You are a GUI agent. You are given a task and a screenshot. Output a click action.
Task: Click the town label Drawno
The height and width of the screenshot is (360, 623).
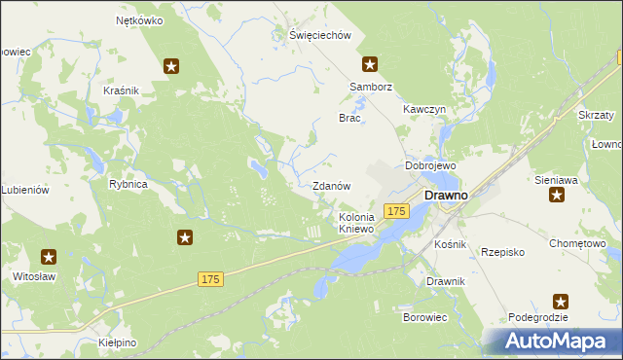pos(447,195)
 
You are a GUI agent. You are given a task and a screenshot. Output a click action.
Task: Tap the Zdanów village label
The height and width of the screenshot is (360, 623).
pos(331,185)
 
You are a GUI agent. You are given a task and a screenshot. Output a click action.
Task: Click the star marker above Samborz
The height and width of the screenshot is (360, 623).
pos(370,65)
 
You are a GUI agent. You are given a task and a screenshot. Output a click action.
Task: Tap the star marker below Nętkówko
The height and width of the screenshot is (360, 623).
pos(171,66)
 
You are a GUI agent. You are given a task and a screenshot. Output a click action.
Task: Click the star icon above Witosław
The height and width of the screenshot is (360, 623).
pos(49,257)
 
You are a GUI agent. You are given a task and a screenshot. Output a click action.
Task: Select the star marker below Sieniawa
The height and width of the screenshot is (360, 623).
pos(558,196)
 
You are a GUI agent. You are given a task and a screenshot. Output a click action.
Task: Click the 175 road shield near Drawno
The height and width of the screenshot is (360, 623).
pos(395,211)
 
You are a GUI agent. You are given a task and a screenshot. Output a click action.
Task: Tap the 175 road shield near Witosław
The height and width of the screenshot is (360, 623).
pos(211,279)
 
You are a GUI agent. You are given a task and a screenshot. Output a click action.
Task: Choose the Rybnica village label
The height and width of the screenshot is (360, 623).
pos(128,184)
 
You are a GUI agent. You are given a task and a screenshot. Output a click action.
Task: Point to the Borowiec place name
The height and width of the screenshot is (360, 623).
pos(424,317)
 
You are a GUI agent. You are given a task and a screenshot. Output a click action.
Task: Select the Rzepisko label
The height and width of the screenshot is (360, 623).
pos(503,252)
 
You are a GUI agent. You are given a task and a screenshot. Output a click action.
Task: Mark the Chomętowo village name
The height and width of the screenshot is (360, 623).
pos(577,243)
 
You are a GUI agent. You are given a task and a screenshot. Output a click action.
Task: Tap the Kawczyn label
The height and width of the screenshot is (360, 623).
pos(424,110)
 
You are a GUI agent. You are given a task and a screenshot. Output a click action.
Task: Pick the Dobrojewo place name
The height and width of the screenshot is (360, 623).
pos(430,165)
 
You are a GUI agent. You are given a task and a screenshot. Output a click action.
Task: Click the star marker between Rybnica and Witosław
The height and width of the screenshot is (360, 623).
pos(185,237)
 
